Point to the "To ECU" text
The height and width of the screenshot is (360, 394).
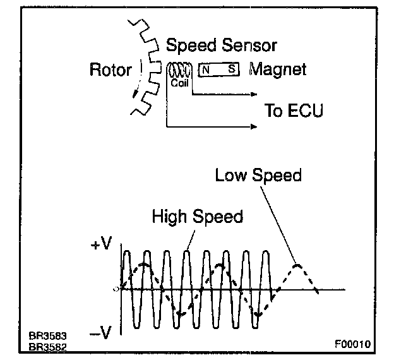[x=294, y=112]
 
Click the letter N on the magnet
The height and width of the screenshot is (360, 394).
[x=206, y=70]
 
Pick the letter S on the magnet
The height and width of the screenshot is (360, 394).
[x=232, y=70]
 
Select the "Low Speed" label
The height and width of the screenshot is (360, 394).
[x=258, y=176]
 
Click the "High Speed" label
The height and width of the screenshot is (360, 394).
[x=197, y=217]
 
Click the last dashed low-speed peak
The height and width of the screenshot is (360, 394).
[x=297, y=265]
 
